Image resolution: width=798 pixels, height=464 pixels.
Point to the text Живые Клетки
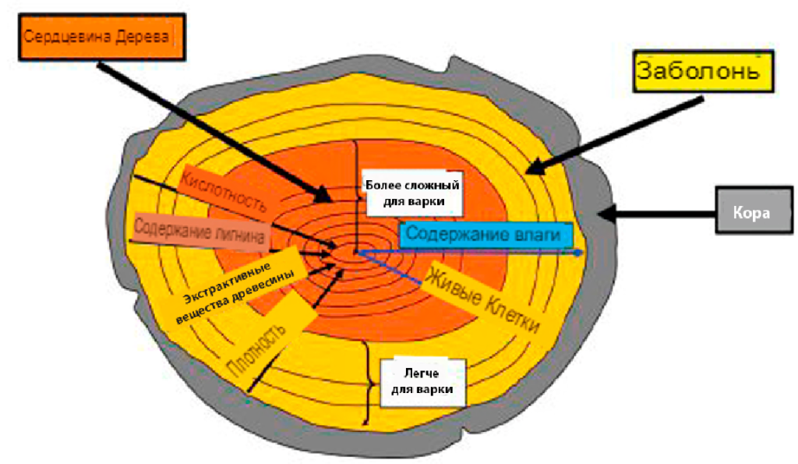[483, 300]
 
